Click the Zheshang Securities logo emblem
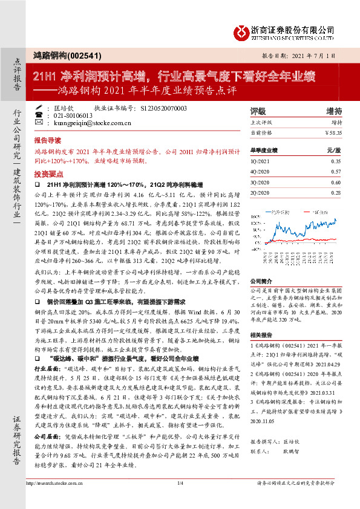[242, 30]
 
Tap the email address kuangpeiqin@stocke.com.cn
[88, 123]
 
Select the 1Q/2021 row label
[260, 162]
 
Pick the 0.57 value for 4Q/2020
[336, 172]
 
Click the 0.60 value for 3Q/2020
[336, 182]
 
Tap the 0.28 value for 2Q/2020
[336, 192]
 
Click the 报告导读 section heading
[47, 138]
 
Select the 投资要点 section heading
[47, 172]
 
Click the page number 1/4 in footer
[180, 500]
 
